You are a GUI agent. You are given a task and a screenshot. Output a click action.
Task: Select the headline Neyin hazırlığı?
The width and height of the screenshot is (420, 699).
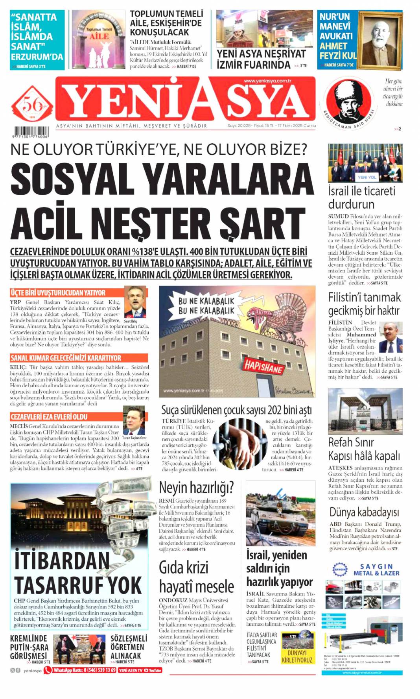[x=196, y=487]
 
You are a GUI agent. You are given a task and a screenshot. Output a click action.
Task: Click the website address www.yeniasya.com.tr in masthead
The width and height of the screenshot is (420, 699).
[x=267, y=81]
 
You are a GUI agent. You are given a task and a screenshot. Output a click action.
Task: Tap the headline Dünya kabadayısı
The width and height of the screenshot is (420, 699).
[x=364, y=512]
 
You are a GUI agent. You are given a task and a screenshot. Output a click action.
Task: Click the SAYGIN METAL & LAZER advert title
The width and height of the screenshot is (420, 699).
[x=376, y=570]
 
